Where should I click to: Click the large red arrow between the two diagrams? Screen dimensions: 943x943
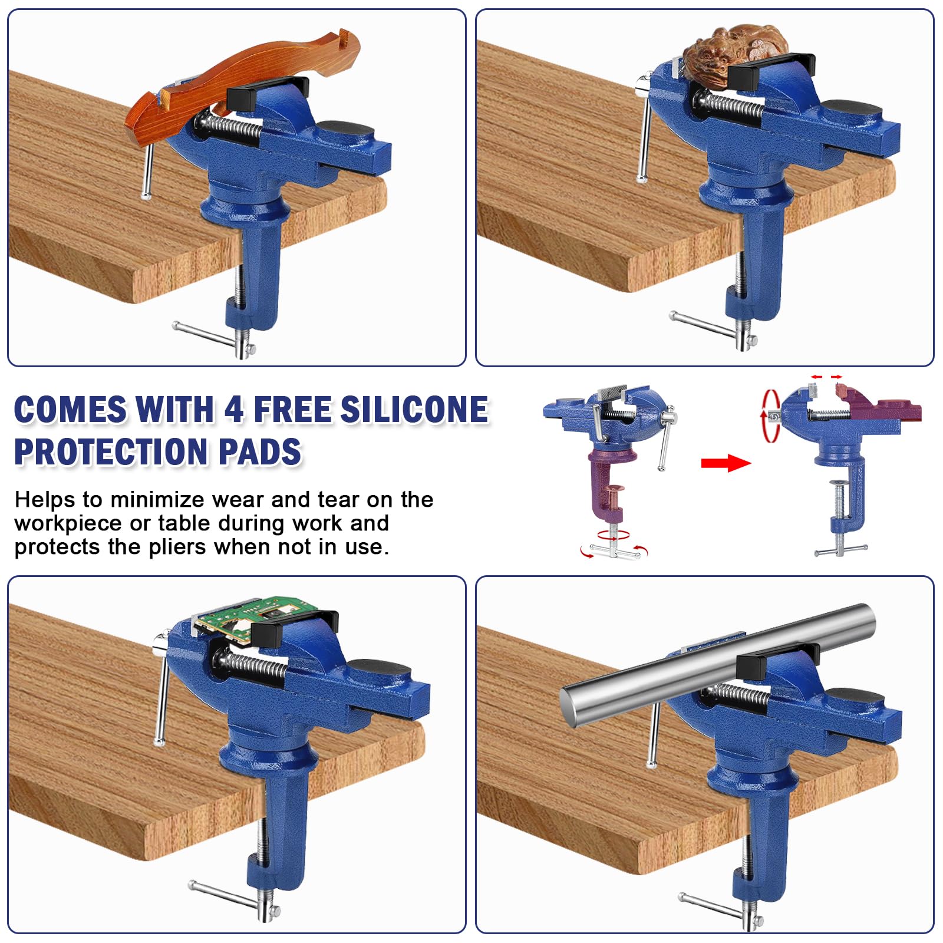(726, 463)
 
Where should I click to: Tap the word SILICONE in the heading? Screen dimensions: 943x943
(414, 410)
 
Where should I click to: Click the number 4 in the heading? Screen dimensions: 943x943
(234, 410)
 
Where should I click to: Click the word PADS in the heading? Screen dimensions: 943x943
(260, 452)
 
